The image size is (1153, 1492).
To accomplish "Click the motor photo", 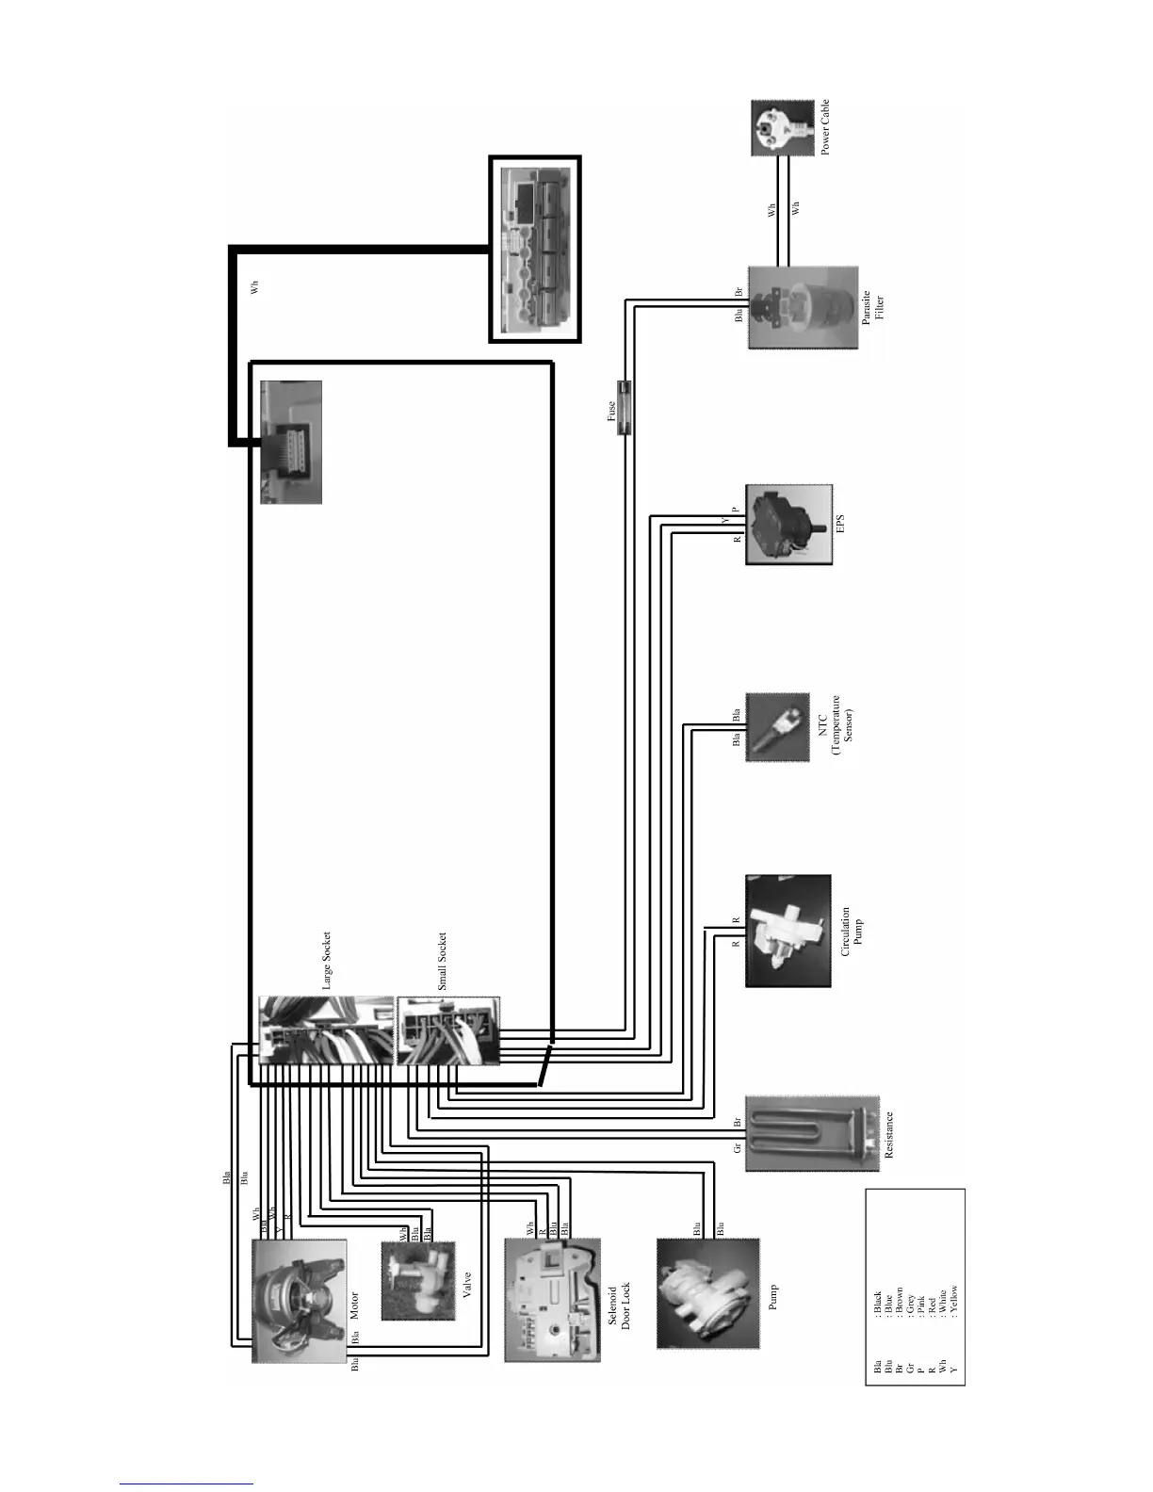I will pyautogui.click(x=300, y=1300).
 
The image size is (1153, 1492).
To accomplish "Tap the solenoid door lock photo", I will pyautogui.click(x=552, y=1299).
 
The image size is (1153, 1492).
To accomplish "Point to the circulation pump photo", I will pyautogui.click(x=788, y=931).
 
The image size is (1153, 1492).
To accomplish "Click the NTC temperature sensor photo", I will pyautogui.click(x=778, y=728).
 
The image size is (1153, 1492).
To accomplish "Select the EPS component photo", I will pyautogui.click(x=788, y=525).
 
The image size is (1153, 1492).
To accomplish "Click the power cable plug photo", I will pyautogui.click(x=782, y=128).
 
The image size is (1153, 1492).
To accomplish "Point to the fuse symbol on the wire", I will pyautogui.click(x=624, y=407).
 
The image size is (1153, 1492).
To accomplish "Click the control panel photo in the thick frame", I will pyautogui.click(x=535, y=250).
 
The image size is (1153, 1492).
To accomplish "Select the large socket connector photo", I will pyautogui.click(x=326, y=1030).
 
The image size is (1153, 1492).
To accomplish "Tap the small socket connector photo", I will pyautogui.click(x=448, y=1030).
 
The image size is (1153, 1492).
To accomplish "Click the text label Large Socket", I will pyautogui.click(x=327, y=961).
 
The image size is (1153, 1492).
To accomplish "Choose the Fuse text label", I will pyautogui.click(x=610, y=412).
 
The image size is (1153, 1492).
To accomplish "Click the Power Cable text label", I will pyautogui.click(x=825, y=128).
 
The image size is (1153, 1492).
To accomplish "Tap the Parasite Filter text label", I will pyautogui.click(x=872, y=308).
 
